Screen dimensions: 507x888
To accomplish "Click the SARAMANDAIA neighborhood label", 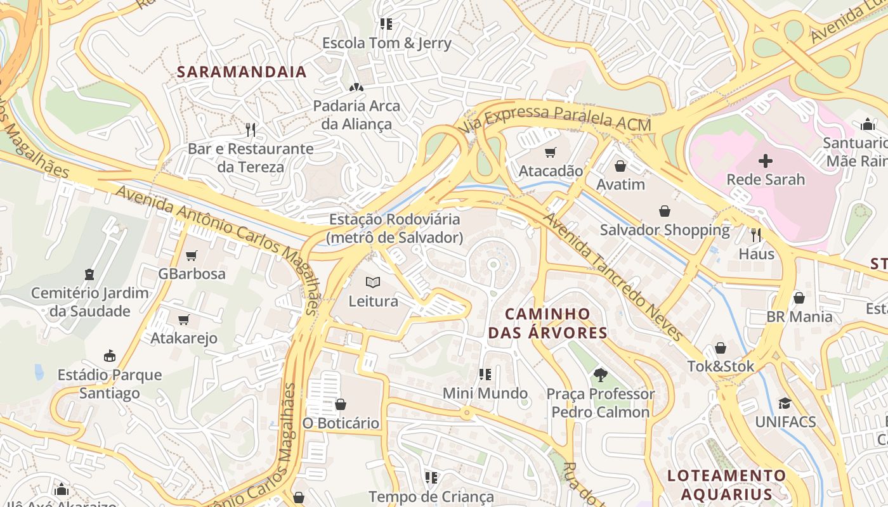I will pyautogui.click(x=242, y=72).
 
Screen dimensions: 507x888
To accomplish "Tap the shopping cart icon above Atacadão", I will pyautogui.click(x=550, y=152).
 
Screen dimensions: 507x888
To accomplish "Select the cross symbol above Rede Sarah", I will pyautogui.click(x=766, y=160).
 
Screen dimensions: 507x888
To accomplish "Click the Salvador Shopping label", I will pyautogui.click(x=665, y=229).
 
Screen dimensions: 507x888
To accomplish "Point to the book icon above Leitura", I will pyautogui.click(x=373, y=282).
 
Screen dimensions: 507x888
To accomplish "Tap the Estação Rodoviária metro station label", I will pyautogui.click(x=394, y=228).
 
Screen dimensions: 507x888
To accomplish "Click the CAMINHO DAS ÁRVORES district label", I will pyautogui.click(x=547, y=323).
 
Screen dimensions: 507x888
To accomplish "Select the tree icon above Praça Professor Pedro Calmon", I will pyautogui.click(x=600, y=375).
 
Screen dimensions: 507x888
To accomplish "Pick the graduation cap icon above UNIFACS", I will pyautogui.click(x=785, y=403).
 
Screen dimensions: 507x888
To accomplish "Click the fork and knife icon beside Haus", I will pyautogui.click(x=756, y=235).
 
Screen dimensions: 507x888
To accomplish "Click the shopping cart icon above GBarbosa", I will pyautogui.click(x=191, y=255).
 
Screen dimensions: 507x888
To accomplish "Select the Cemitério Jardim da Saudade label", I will pyautogui.click(x=89, y=302).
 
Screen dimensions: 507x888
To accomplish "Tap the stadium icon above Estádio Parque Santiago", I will pyautogui.click(x=110, y=356).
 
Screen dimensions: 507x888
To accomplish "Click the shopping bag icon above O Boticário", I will pyautogui.click(x=341, y=404).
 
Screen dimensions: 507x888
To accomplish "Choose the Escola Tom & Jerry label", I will pyautogui.click(x=386, y=43).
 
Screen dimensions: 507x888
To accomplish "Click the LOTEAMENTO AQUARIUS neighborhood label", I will pyautogui.click(x=726, y=484).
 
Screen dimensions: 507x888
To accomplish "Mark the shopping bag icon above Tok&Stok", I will pyautogui.click(x=721, y=348).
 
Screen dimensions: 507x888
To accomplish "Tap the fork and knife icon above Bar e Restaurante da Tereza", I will pyautogui.click(x=251, y=130).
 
